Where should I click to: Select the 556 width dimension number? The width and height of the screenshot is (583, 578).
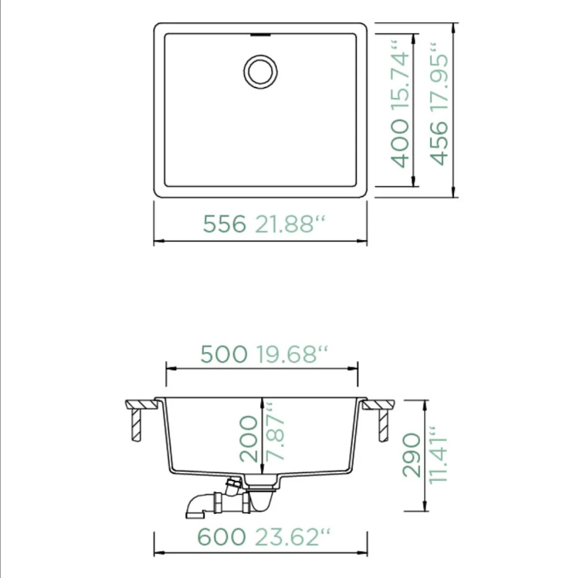click(224, 224)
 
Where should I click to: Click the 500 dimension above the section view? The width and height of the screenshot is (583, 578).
click(224, 354)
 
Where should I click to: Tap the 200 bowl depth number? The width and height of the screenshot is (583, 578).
click(249, 438)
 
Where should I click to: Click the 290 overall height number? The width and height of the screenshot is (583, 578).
click(412, 455)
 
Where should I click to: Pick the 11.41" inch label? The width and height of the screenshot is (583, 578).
click(439, 455)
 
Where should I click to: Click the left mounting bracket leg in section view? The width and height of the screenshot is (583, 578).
click(136, 424)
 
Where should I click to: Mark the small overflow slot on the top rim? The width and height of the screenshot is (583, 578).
click(260, 34)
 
